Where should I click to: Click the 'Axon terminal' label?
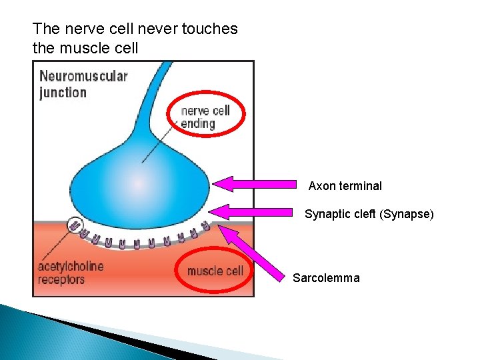[345, 186]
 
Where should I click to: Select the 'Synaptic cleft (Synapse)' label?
[369, 214]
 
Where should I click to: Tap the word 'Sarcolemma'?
[326, 278]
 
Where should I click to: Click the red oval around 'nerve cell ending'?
[207, 115]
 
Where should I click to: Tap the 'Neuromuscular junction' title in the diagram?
[83, 84]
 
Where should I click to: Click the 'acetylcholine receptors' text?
[71, 273]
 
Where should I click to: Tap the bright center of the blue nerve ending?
[139, 183]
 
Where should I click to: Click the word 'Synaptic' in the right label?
[327, 214]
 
